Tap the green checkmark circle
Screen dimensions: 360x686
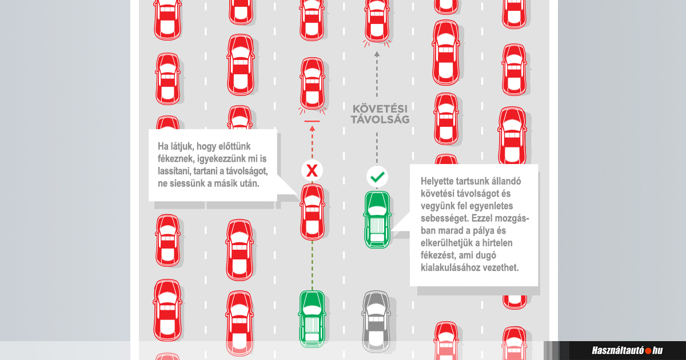pyautogui.click(x=377, y=177)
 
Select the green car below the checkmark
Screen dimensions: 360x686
pyautogui.click(x=377, y=220)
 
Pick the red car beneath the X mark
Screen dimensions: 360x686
pyautogui.click(x=312, y=212)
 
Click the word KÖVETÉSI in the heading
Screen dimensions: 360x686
pyautogui.click(x=377, y=109)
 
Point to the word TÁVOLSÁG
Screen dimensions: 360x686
pyautogui.click(x=377, y=120)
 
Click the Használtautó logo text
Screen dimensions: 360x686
pyautogui.click(x=617, y=350)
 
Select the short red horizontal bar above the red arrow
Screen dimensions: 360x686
pyautogui.click(x=312, y=122)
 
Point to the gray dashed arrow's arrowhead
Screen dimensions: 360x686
pyautogui.click(x=377, y=54)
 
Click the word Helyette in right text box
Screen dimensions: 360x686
pyautogui.click(x=438, y=181)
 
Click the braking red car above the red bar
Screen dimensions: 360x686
pyautogui.click(x=312, y=83)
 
